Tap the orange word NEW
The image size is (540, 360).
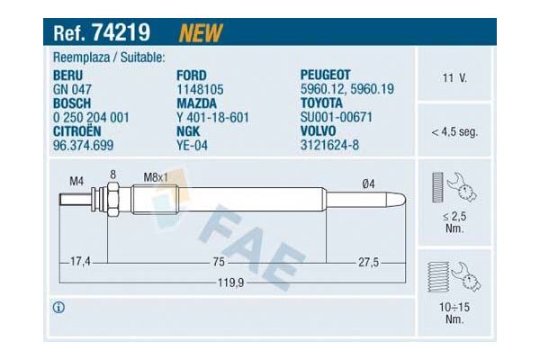pos(201,33)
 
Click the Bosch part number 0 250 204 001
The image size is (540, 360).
pos(93,117)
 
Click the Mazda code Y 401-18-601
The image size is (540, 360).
pos(212,117)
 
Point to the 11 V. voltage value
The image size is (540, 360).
pos(454,79)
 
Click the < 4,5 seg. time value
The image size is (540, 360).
pos(454,131)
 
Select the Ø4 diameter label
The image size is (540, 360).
pos(368,183)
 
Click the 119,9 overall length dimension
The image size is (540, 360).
pos(229,282)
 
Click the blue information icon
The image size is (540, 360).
pos(59,307)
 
